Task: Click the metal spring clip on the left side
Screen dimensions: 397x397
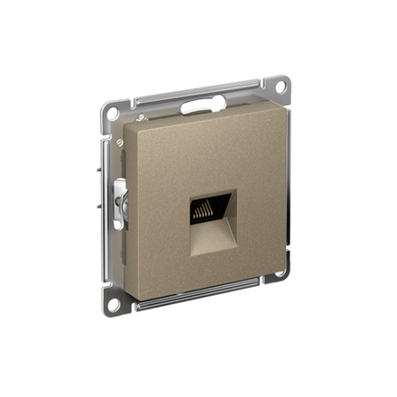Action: (x=120, y=204)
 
